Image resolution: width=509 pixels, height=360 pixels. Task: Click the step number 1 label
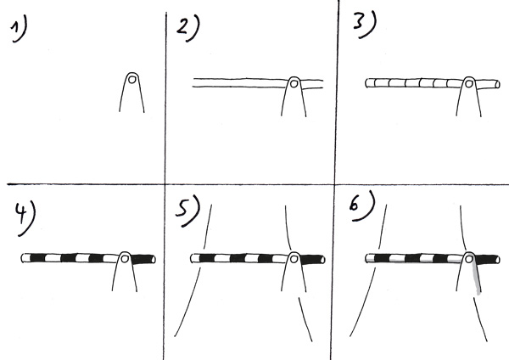(x=19, y=29)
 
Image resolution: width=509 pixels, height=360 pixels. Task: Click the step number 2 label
(x=188, y=29)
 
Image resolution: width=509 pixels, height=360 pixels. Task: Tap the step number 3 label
(x=365, y=25)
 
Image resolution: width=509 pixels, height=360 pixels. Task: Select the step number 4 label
(x=25, y=218)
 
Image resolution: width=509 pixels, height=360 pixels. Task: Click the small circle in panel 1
(x=131, y=79)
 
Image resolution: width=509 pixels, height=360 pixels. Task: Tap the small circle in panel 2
(x=294, y=84)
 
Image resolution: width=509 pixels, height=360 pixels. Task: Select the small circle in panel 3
(x=469, y=84)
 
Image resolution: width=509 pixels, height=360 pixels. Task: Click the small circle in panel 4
(x=125, y=259)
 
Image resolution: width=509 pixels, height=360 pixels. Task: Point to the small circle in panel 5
(x=294, y=259)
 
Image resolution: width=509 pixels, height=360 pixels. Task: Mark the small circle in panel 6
(x=469, y=259)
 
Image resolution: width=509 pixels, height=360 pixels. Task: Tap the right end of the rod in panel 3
(x=498, y=84)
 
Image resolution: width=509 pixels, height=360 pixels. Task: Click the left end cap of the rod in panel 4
(x=24, y=258)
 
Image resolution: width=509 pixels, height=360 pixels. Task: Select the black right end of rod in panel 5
(x=313, y=260)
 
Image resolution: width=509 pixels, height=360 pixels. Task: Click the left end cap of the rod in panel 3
(x=367, y=83)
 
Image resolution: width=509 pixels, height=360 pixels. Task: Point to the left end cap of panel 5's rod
(x=193, y=259)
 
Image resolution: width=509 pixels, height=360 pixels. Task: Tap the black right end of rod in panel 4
(x=144, y=259)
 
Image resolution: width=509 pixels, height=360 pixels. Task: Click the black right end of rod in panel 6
(x=488, y=260)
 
